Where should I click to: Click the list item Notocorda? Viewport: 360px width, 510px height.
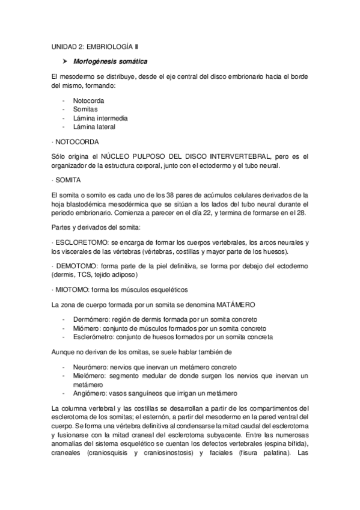[88, 100]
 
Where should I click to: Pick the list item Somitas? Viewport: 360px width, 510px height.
[85, 109]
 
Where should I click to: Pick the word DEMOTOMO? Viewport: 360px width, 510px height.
[77, 265]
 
